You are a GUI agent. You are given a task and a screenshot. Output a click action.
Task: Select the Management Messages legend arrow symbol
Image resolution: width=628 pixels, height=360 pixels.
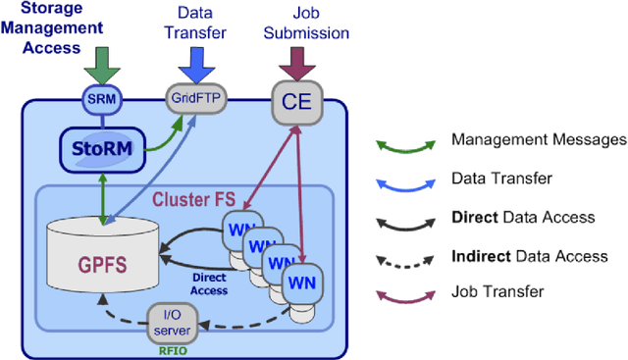click(405, 145)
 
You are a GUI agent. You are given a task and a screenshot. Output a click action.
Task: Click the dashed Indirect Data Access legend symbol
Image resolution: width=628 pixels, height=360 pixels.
click(405, 260)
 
